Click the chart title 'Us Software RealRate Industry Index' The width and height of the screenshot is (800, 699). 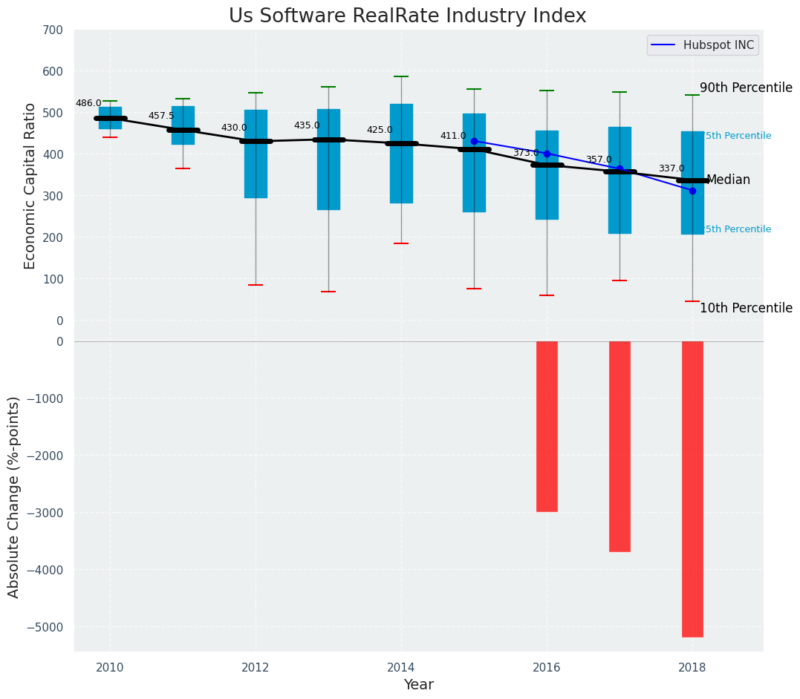point(407,16)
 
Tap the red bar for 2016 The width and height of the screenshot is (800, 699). point(547,426)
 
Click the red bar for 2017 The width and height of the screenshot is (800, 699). point(619,446)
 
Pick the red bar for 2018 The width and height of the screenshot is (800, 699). point(692,488)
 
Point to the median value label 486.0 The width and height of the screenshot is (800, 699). point(88,103)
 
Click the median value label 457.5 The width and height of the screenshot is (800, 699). point(161,116)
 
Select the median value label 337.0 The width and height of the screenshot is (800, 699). point(671,169)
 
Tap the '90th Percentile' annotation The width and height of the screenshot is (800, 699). point(746,88)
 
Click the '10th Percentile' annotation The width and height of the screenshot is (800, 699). point(746,308)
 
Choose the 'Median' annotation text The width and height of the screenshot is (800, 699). point(728,180)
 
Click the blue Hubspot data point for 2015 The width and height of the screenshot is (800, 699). point(474,141)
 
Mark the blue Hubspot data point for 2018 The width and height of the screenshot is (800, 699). point(692,191)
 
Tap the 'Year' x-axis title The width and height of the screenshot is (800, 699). point(418,684)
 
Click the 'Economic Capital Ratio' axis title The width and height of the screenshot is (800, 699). point(30,186)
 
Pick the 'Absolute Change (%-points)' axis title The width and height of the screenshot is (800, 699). point(14,496)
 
